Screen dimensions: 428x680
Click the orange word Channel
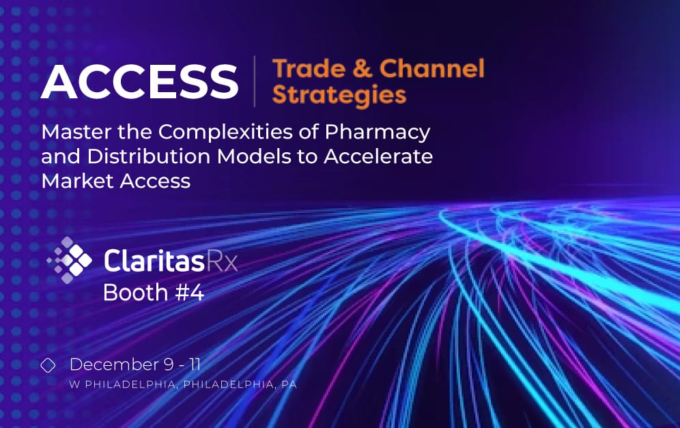431,68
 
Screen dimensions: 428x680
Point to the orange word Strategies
339,94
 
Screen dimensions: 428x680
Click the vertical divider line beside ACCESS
255,81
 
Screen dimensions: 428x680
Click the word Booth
135,292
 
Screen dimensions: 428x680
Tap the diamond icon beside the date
48,366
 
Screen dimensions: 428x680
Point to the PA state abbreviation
289,385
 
